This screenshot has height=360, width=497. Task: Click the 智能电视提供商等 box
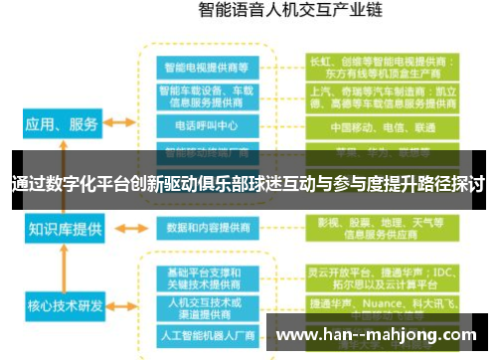(x=207, y=67)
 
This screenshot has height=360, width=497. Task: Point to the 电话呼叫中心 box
(x=207, y=127)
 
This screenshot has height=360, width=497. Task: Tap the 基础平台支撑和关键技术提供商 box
(x=207, y=275)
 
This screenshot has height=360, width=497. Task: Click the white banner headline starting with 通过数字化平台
(x=248, y=184)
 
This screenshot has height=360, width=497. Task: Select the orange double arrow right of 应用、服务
(x=120, y=124)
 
